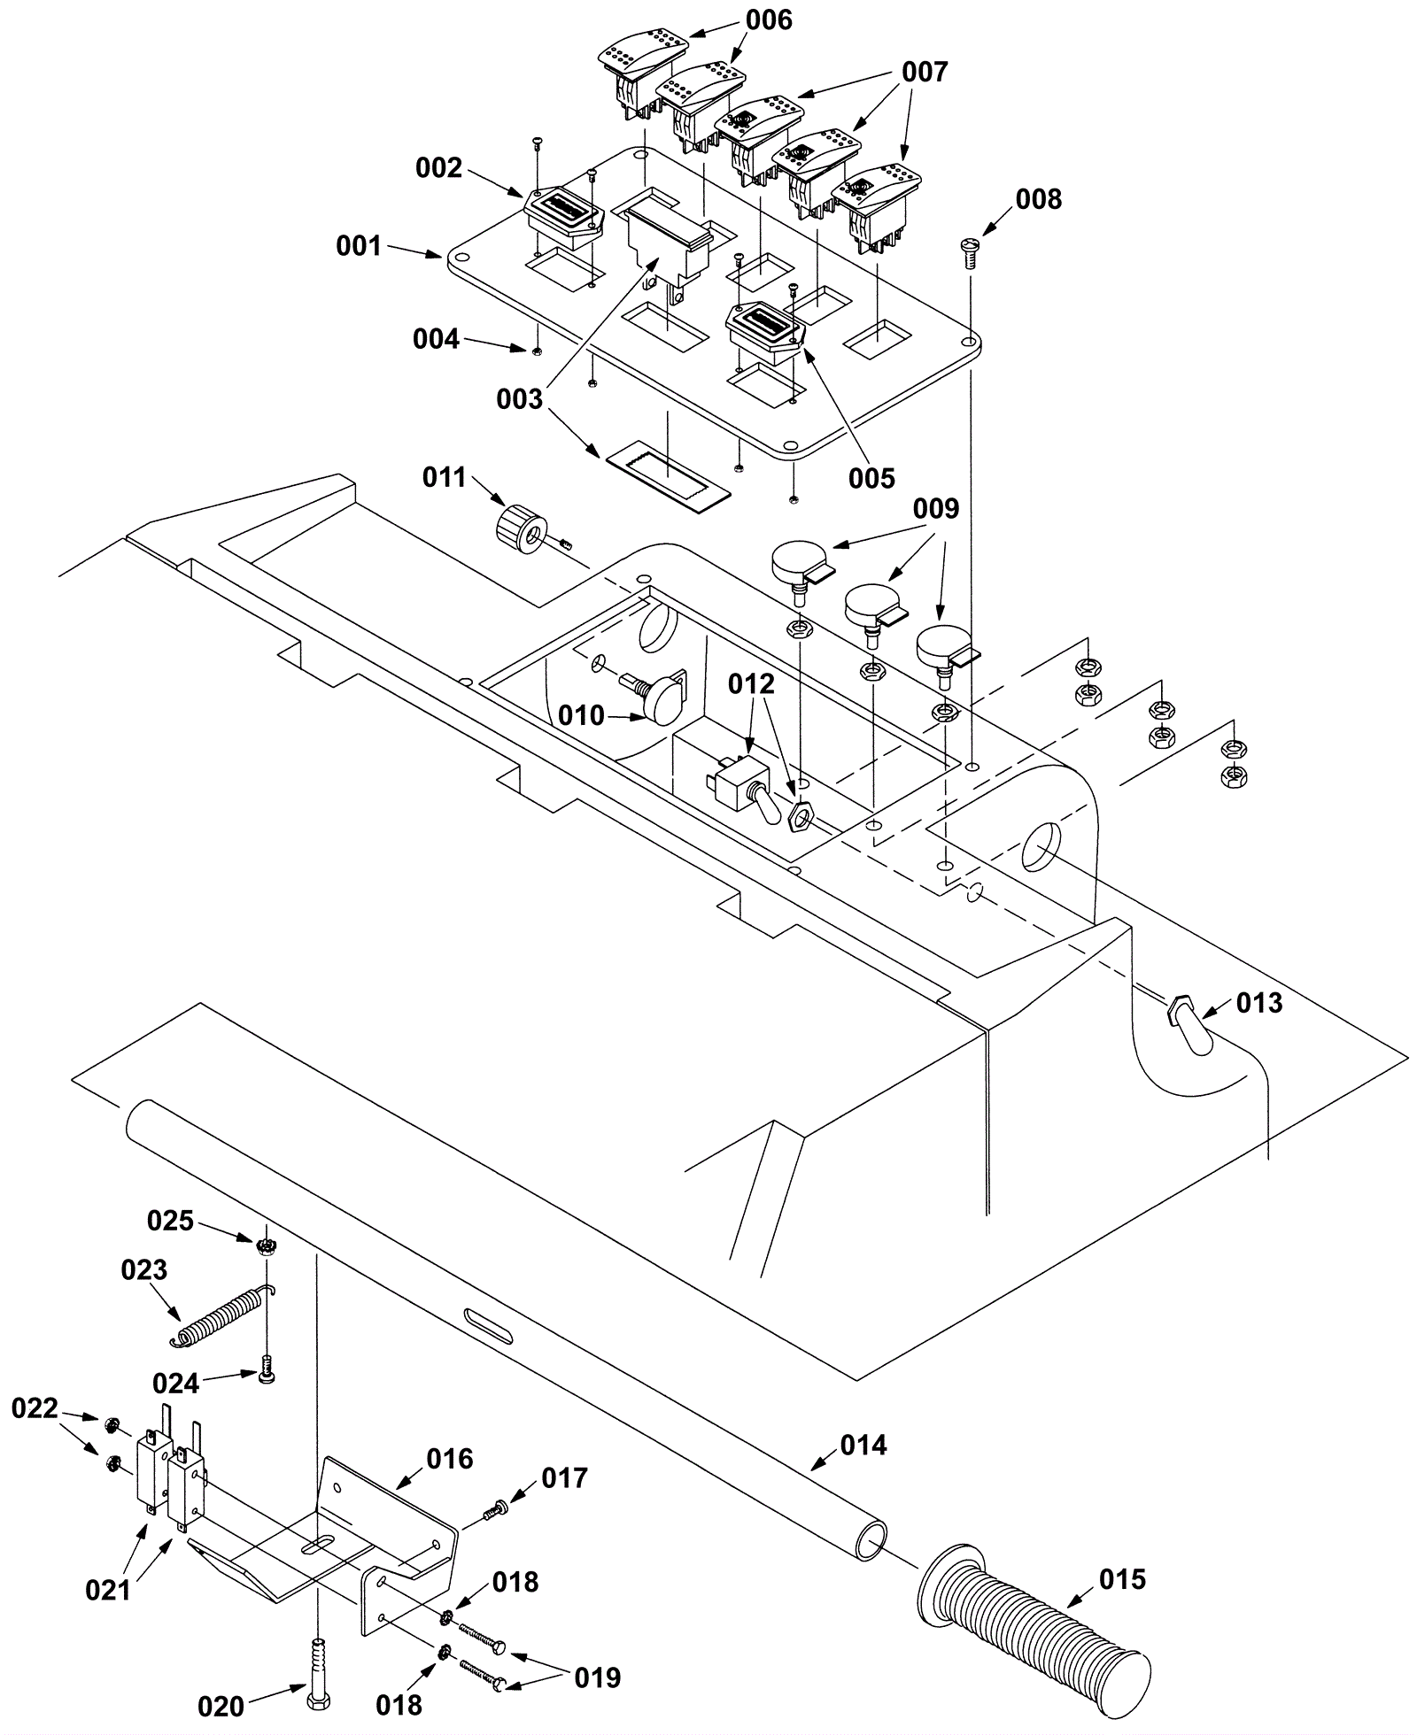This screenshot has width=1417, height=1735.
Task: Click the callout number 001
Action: click(x=359, y=245)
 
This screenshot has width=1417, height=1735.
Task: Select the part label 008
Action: click(x=1038, y=199)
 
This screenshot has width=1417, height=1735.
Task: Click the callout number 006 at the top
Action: click(x=769, y=19)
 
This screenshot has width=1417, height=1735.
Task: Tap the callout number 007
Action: click(x=925, y=72)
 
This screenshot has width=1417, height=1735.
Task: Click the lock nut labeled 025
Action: click(x=263, y=1247)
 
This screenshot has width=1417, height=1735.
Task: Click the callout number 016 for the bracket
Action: click(x=450, y=1458)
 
